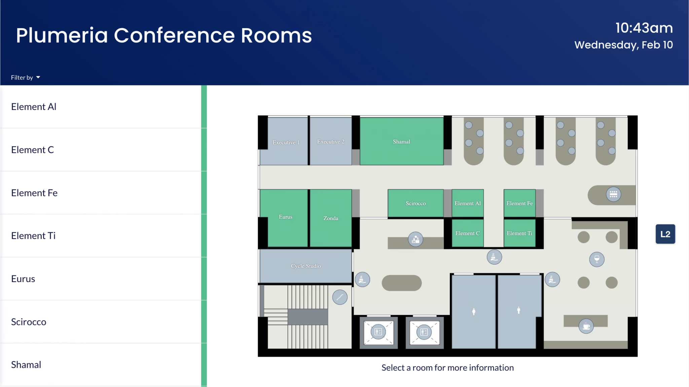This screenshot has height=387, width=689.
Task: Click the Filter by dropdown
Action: (x=26, y=77)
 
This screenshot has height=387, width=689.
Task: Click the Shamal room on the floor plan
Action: (x=401, y=141)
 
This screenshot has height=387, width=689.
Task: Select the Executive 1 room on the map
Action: (x=284, y=141)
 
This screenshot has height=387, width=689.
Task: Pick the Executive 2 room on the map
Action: (x=331, y=141)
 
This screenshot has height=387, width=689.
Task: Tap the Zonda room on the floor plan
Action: (x=331, y=218)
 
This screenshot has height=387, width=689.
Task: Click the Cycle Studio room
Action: (x=306, y=266)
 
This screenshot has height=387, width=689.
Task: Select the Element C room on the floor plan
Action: (x=468, y=233)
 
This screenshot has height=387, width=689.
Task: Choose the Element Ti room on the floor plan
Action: (x=519, y=233)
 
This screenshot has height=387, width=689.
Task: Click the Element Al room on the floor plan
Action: (x=468, y=203)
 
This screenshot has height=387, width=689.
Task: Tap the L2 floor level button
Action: (x=665, y=234)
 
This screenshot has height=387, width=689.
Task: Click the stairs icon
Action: (x=340, y=297)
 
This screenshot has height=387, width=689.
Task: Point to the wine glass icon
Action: (x=597, y=259)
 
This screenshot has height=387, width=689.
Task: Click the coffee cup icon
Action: (x=586, y=326)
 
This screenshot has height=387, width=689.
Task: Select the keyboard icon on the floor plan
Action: (x=613, y=194)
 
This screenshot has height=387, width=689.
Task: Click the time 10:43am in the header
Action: (x=644, y=28)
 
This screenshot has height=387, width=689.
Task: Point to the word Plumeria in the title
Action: (x=62, y=35)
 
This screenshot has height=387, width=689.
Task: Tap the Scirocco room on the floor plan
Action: (x=415, y=203)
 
